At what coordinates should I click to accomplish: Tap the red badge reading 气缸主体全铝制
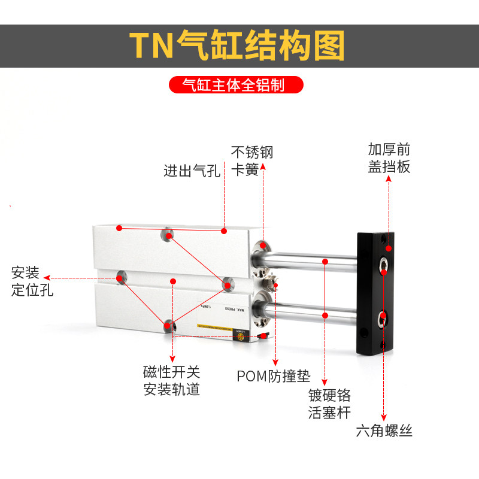[x=235, y=85]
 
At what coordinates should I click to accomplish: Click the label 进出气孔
[x=192, y=171]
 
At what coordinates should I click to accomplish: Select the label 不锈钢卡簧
[x=252, y=160]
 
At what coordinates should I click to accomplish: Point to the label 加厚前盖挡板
[x=389, y=157]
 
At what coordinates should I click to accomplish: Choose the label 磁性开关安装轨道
[x=171, y=380]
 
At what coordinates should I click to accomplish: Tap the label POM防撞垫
[x=274, y=377]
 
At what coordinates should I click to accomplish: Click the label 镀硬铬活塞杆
[x=329, y=404]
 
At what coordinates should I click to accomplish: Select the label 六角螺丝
[x=384, y=431]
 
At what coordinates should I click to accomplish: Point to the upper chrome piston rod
[x=311, y=261]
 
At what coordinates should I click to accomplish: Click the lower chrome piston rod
[x=311, y=314]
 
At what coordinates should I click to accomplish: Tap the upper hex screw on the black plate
[x=383, y=263]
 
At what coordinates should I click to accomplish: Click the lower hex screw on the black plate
[x=383, y=317]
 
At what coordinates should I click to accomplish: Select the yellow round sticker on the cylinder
[x=241, y=338]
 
